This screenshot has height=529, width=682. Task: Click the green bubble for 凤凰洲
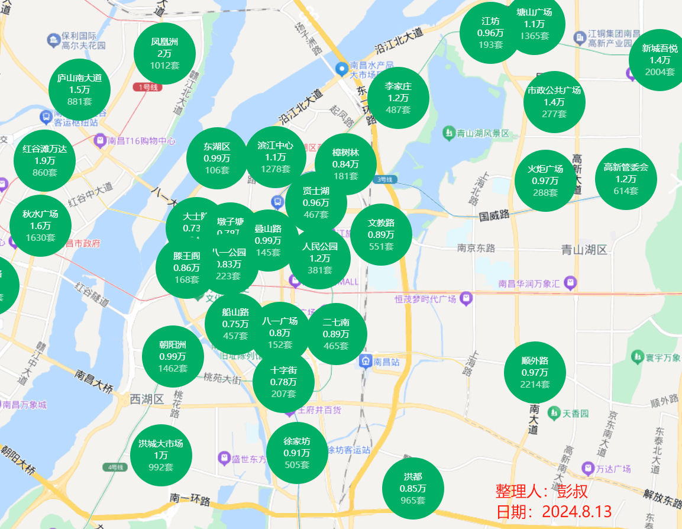[x=164, y=53]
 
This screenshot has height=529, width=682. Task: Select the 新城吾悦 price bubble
[x=660, y=60]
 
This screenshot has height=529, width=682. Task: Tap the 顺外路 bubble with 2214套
[x=535, y=372]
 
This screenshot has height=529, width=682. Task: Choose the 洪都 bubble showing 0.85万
[x=413, y=488]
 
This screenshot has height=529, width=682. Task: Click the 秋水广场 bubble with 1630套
[x=40, y=226]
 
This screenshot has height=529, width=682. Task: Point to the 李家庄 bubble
[x=398, y=98]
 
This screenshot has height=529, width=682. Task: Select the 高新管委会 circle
[x=626, y=179]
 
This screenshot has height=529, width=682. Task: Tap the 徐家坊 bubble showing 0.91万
[x=297, y=453]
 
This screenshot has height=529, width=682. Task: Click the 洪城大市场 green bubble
[x=161, y=455]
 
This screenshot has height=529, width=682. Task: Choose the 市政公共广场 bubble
[x=554, y=102]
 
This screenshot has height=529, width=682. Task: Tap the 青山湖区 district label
[x=584, y=250]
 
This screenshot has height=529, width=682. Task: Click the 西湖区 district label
[x=147, y=399]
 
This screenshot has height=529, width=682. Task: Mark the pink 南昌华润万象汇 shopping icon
[x=570, y=282]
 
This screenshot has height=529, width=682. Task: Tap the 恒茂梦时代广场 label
[x=426, y=299]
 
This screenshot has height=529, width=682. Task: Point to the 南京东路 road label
[x=476, y=248]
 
